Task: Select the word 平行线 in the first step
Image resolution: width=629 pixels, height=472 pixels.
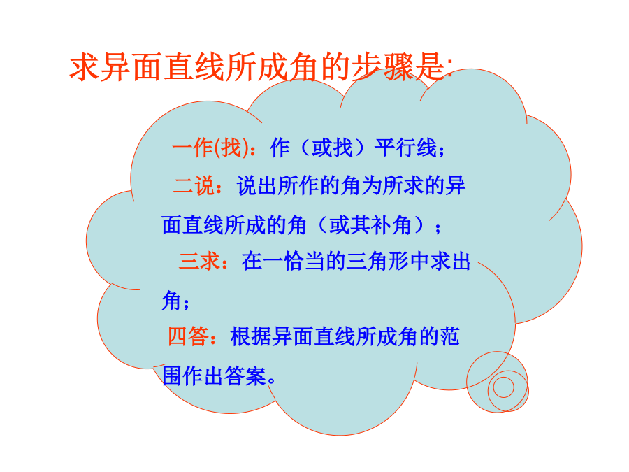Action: click(x=405, y=148)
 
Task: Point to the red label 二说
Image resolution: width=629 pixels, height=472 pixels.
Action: click(x=194, y=186)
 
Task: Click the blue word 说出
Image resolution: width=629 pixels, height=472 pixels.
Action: click(x=257, y=186)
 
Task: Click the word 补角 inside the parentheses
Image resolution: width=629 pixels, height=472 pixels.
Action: click(x=391, y=224)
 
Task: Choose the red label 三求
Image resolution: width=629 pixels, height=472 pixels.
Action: click(x=199, y=262)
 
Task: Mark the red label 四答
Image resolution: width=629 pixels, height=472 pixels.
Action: click(x=188, y=336)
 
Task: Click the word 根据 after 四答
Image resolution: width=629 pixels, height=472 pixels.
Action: click(x=251, y=336)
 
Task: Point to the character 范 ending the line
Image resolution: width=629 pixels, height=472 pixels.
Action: click(x=449, y=336)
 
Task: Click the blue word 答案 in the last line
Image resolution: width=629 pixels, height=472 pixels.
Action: click(x=245, y=376)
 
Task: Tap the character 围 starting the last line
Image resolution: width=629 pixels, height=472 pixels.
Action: click(x=172, y=376)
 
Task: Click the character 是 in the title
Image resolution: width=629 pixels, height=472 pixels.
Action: click(x=430, y=67)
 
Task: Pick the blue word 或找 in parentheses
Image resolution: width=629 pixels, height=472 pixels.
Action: click(x=333, y=148)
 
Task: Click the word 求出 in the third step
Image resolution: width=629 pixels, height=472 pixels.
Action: click(x=450, y=262)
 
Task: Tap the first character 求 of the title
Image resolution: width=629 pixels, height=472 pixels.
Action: click(x=85, y=67)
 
